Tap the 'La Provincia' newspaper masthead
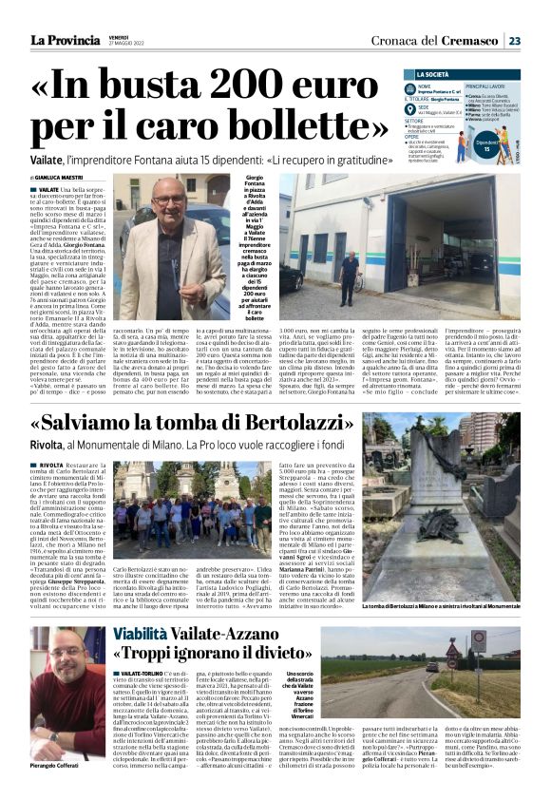click(x=69, y=39)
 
